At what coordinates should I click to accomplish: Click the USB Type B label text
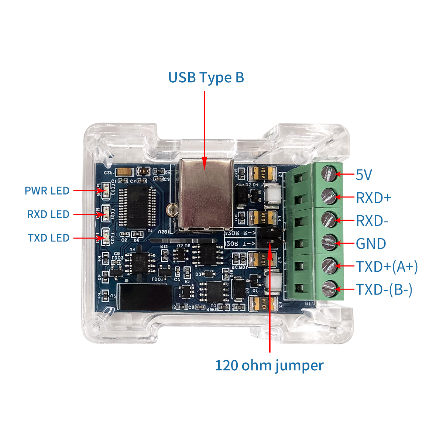206,78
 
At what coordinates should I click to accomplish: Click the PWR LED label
47,191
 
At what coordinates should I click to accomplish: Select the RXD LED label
48,214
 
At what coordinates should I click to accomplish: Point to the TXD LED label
48,238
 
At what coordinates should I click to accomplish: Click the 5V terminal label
364,175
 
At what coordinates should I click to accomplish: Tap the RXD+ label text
373,198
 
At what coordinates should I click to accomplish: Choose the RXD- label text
372,221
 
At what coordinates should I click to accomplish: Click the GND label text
371,244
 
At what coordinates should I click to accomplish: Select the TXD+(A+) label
387,267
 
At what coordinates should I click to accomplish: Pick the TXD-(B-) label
384,290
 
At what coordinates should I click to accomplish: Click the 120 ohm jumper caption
269,365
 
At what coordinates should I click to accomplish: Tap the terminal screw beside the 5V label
329,174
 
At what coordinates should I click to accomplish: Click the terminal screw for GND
329,243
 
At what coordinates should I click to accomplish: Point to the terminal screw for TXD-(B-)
329,288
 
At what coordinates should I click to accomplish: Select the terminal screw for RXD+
329,196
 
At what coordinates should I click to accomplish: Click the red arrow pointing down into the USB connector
204,129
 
